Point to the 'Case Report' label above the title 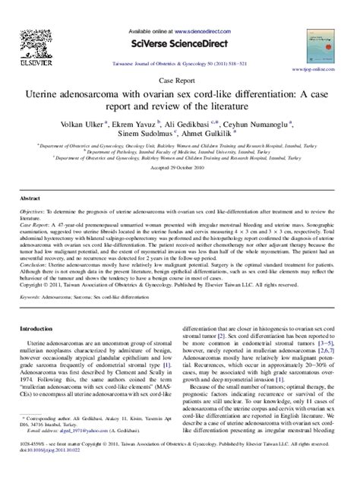click(179, 78)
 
